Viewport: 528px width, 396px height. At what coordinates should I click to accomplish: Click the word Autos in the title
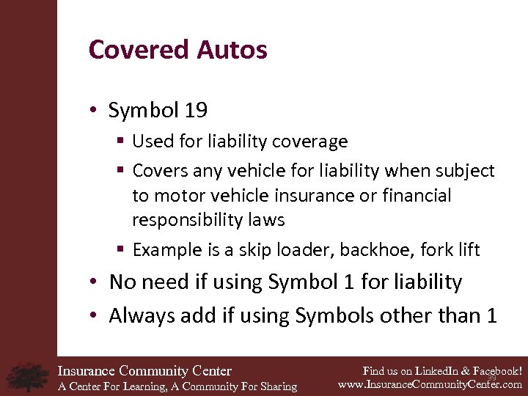coord(231,50)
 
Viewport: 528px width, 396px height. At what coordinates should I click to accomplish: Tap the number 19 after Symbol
coord(196,111)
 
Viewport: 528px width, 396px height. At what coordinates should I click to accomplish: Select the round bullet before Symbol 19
coord(95,111)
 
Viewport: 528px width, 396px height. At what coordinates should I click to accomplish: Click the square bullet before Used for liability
coord(121,141)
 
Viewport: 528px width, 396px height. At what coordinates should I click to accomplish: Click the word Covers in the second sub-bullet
coord(160,171)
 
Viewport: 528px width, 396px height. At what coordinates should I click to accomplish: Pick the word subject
coord(462,171)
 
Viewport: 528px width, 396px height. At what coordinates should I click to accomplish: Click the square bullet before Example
coord(121,250)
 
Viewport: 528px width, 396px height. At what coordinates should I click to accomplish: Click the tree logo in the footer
coord(28,376)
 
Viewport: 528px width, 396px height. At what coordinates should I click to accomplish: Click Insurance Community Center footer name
coord(144,371)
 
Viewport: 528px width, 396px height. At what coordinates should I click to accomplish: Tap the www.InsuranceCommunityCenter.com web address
coord(430,384)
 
